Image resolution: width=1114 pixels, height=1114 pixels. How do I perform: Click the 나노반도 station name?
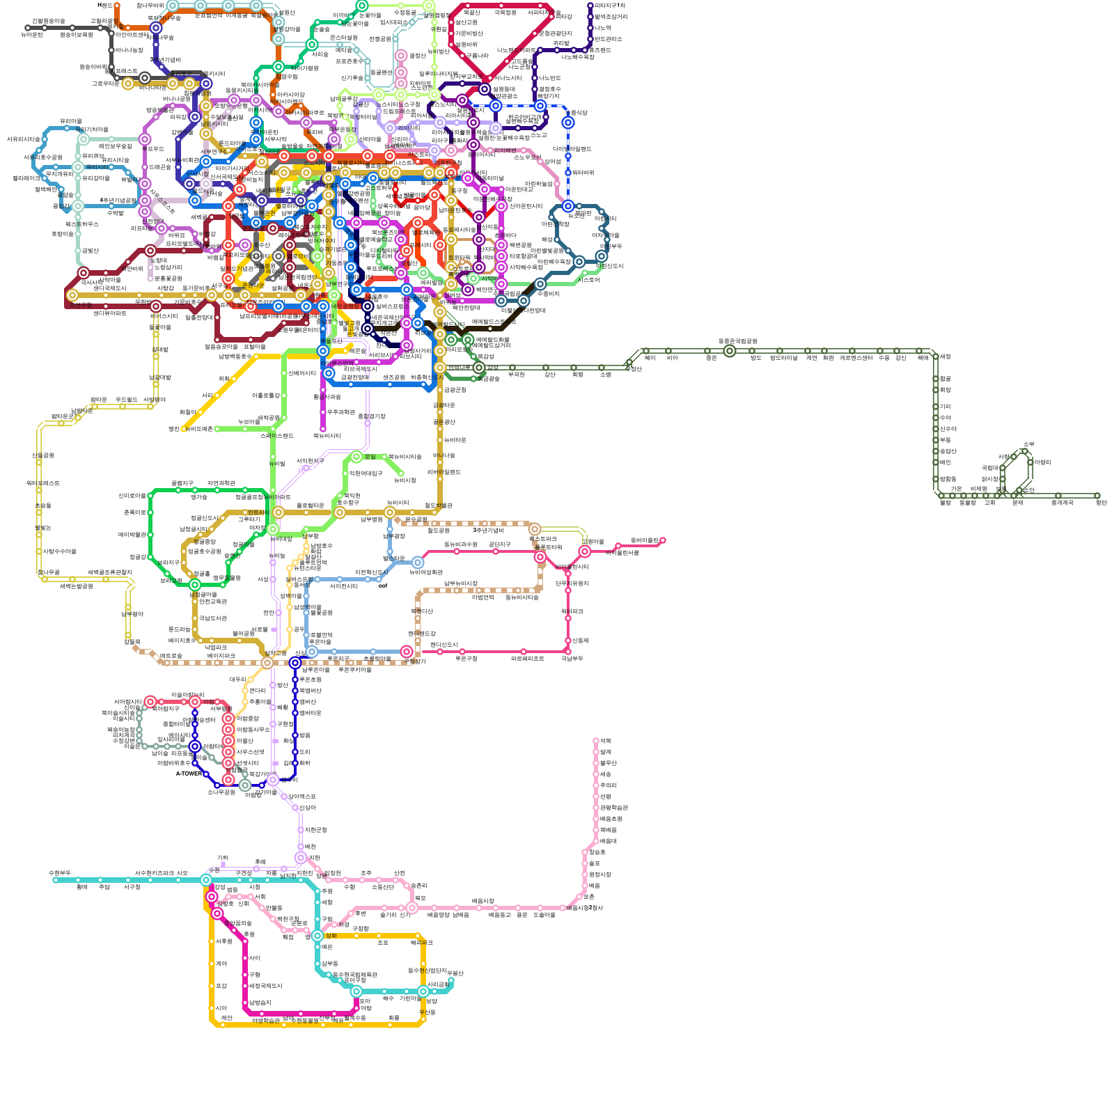549,78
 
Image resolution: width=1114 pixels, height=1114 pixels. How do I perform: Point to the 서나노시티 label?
508,78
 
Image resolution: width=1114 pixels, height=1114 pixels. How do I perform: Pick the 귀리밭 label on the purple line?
560,43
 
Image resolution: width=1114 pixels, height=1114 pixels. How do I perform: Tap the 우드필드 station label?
127,400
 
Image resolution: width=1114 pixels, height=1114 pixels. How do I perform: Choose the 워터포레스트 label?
43,483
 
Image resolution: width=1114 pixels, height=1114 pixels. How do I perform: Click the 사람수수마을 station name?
60,551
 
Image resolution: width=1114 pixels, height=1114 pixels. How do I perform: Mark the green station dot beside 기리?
936,407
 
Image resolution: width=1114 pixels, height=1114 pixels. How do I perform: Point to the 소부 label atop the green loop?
1028,444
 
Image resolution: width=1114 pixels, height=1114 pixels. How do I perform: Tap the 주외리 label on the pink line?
608,785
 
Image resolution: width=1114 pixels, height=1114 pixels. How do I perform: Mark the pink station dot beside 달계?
596,752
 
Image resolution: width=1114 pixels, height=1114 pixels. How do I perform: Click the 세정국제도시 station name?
265,986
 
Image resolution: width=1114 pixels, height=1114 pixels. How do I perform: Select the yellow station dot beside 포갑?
212,986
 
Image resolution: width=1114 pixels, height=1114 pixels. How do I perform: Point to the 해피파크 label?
421,943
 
